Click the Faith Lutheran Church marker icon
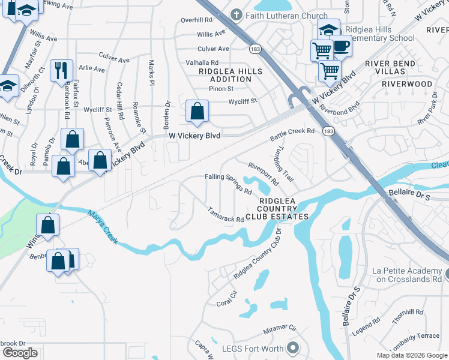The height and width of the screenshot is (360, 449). coord(238,15)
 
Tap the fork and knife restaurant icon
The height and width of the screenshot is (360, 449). coord(62,70)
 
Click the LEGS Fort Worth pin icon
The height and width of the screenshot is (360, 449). coord(293,347)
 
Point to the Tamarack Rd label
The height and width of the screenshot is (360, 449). coord(226,215)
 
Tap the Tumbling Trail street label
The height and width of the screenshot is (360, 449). coord(284,166)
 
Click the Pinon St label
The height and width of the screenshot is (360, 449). coord(221,89)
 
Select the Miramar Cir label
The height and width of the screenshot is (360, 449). coord(280,329)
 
